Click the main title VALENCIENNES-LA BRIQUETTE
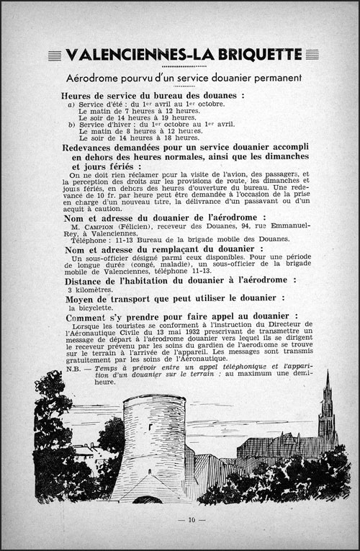click(x=180, y=54)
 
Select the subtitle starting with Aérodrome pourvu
click(x=180, y=78)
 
